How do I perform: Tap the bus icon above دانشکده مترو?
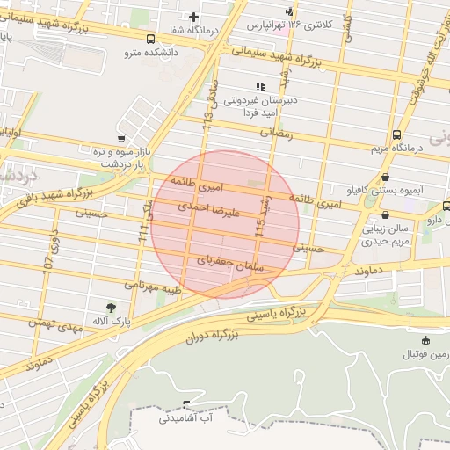151,39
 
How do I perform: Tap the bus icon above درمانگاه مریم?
397,134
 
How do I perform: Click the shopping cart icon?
120,139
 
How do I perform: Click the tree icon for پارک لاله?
110,307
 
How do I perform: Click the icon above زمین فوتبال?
426,340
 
